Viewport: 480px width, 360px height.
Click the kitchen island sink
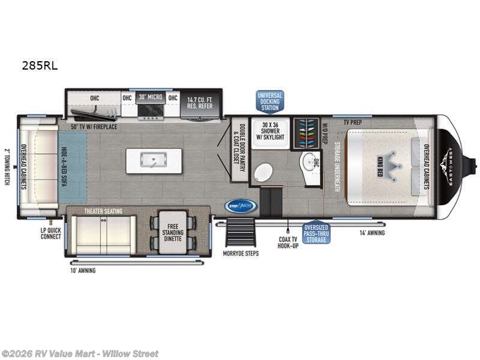pyautogui.click(x=154, y=160)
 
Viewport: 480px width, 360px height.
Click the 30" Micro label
pyautogui.click(x=150, y=97)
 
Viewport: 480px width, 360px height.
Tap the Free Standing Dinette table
pyautogui.click(x=173, y=232)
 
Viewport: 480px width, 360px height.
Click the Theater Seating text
pyautogui.click(x=103, y=211)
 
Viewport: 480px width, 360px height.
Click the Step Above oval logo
pyautogui.click(x=241, y=206)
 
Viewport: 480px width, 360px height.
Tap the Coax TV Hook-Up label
pyautogui.click(x=288, y=242)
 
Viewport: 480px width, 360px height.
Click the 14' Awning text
pyautogui.click(x=372, y=233)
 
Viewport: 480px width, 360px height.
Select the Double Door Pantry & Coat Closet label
pyautogui.click(x=239, y=148)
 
